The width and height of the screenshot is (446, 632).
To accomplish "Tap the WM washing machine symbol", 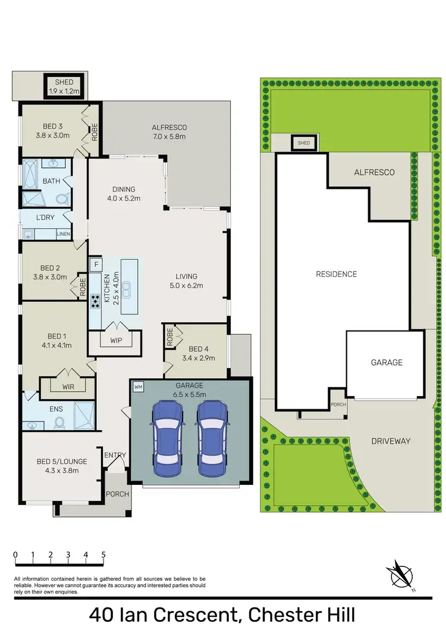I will pyautogui.click(x=139, y=387).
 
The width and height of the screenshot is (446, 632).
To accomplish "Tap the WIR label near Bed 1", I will pyautogui.click(x=68, y=387).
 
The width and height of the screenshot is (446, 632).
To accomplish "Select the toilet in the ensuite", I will pyautogui.click(x=59, y=422).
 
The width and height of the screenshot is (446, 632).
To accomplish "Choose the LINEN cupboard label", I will pyautogui.click(x=63, y=234).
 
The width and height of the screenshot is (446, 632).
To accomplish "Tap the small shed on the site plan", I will pyautogui.click(x=303, y=143).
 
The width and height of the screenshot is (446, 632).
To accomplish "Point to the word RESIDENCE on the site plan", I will pyautogui.click(x=336, y=274).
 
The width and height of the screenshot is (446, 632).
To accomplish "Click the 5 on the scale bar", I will pyautogui.click(x=103, y=555).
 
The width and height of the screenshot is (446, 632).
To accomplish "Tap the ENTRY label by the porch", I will pyautogui.click(x=115, y=456).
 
